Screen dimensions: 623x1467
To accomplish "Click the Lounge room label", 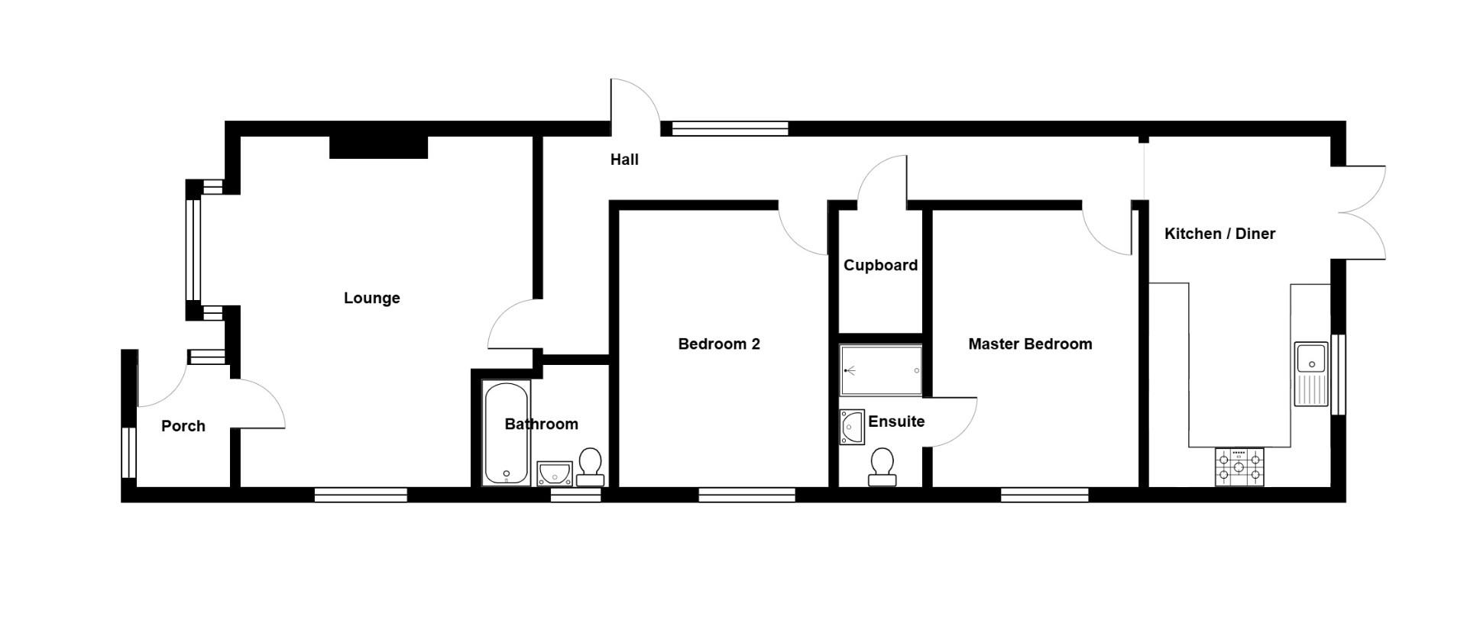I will pos(371,298).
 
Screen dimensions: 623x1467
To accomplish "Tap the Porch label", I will pos(183,426).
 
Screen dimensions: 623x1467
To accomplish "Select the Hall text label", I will pos(624,160).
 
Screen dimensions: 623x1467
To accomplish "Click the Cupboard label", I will pos(880,265).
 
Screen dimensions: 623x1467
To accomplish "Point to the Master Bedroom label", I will pos(1029,344).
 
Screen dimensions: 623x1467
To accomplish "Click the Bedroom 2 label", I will pos(718,344).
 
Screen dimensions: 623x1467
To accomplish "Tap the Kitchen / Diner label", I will pos(1219,234).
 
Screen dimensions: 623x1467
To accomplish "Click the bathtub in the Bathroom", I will pos(506,433).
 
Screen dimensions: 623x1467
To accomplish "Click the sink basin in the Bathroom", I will pos(554,473).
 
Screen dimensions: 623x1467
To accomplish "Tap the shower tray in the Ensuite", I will pos(881,370).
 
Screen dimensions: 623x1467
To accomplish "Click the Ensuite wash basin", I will pos(850,427).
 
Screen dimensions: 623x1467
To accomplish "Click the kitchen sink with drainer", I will pos(1311,373).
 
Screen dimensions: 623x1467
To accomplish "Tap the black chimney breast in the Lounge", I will pos(378,147).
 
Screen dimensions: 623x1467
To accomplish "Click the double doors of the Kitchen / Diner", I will pos(1364,212).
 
